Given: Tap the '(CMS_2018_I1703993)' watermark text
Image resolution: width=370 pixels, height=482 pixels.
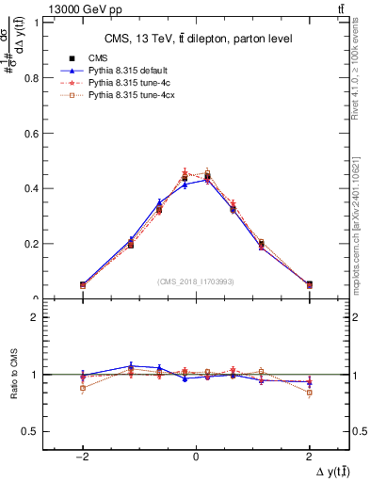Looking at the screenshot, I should (x=196, y=281).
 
